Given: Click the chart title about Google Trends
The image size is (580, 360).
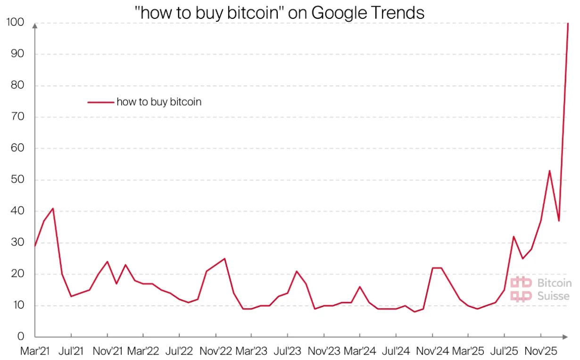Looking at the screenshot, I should (280, 13).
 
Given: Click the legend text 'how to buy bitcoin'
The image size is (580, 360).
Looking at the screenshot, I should (159, 101).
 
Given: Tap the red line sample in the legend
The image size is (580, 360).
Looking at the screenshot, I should (100, 101).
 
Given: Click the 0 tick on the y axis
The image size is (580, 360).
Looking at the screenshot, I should (21, 337).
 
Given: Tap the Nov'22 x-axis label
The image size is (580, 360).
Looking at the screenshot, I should (216, 351).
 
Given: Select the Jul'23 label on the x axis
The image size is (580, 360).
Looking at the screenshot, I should (288, 351).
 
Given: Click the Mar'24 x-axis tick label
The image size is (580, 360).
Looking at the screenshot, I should (360, 351).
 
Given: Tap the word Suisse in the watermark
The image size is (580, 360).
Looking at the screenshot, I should (553, 296).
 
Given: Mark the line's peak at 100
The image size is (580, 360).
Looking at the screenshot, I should (568, 23).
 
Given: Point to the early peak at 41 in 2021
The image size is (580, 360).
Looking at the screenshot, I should (53, 208).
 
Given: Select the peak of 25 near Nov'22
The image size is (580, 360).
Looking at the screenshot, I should (224, 259).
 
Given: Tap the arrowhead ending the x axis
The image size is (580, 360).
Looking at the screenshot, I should (564, 337).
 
